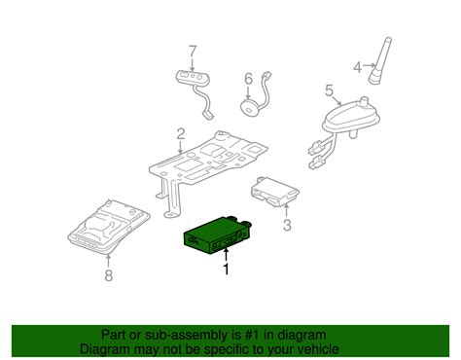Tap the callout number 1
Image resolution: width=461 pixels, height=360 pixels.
[227, 269]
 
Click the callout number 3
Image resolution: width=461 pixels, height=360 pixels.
[286, 226]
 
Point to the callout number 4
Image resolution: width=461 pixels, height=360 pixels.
[357, 67]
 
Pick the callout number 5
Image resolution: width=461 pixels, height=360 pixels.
[329, 93]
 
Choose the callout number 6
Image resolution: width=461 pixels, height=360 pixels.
[247, 78]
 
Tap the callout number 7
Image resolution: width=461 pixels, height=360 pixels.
[192, 50]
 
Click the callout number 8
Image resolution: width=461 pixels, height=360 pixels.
[108, 275]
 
